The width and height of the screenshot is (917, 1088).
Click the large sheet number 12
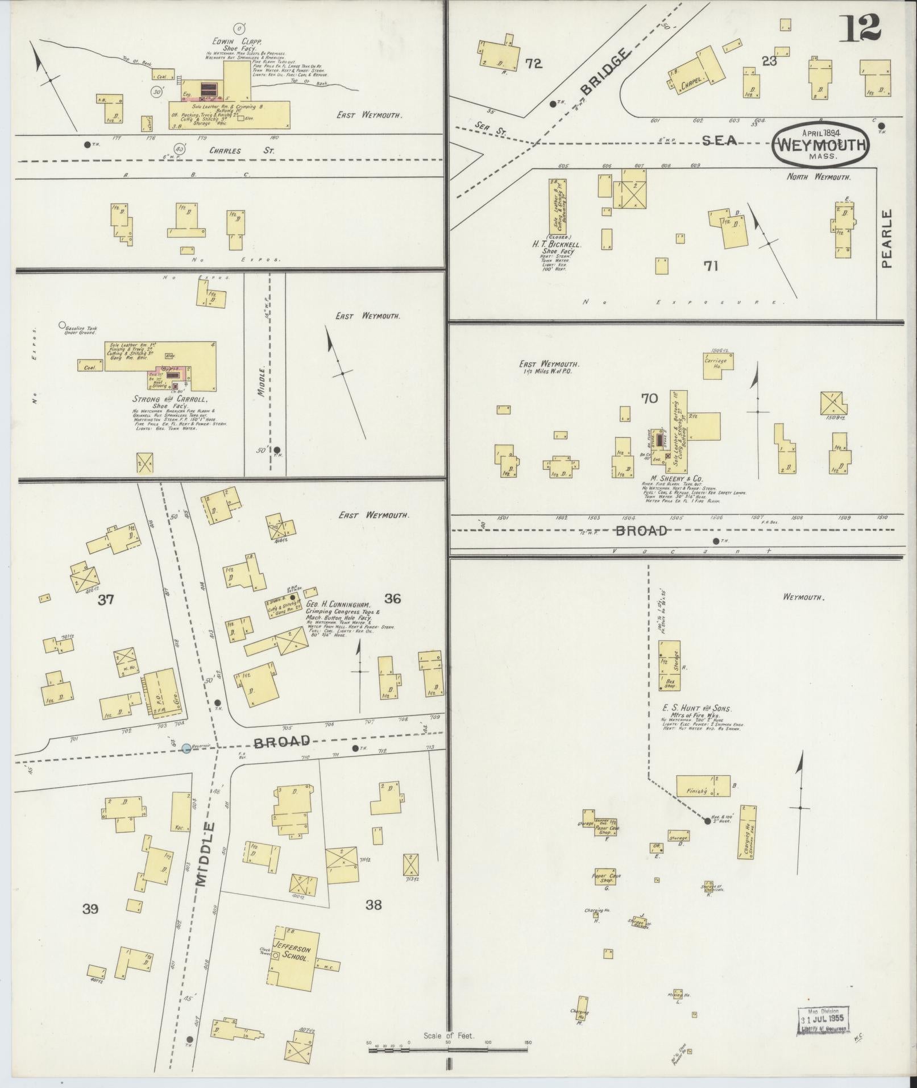(861, 28)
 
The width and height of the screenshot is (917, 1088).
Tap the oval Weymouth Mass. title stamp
(820, 145)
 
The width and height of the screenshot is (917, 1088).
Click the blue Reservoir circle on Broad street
(186, 748)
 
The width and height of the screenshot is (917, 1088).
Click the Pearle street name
(887, 238)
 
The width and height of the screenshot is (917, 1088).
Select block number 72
(533, 64)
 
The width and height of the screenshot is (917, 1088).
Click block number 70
(649, 399)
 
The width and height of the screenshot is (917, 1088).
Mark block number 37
(105, 599)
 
